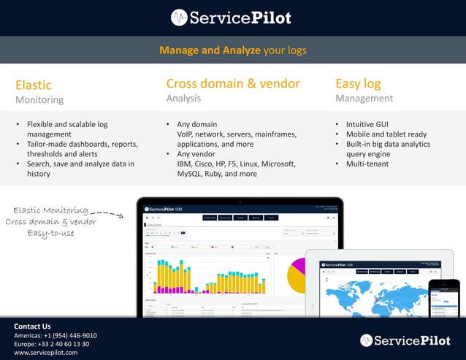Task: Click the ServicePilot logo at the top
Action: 232,18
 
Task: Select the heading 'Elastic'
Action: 34,85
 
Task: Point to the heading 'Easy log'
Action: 358,83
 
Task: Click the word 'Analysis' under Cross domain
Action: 183,98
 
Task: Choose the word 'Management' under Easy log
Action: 364,98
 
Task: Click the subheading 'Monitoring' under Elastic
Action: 39,99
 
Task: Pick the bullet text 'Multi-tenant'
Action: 367,164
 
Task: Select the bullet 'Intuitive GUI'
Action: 367,124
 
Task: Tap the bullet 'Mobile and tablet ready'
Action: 386,134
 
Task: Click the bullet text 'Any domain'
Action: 197,124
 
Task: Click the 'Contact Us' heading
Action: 32,326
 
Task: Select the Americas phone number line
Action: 56,335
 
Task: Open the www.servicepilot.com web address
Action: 46,353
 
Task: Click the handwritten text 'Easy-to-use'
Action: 50,233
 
